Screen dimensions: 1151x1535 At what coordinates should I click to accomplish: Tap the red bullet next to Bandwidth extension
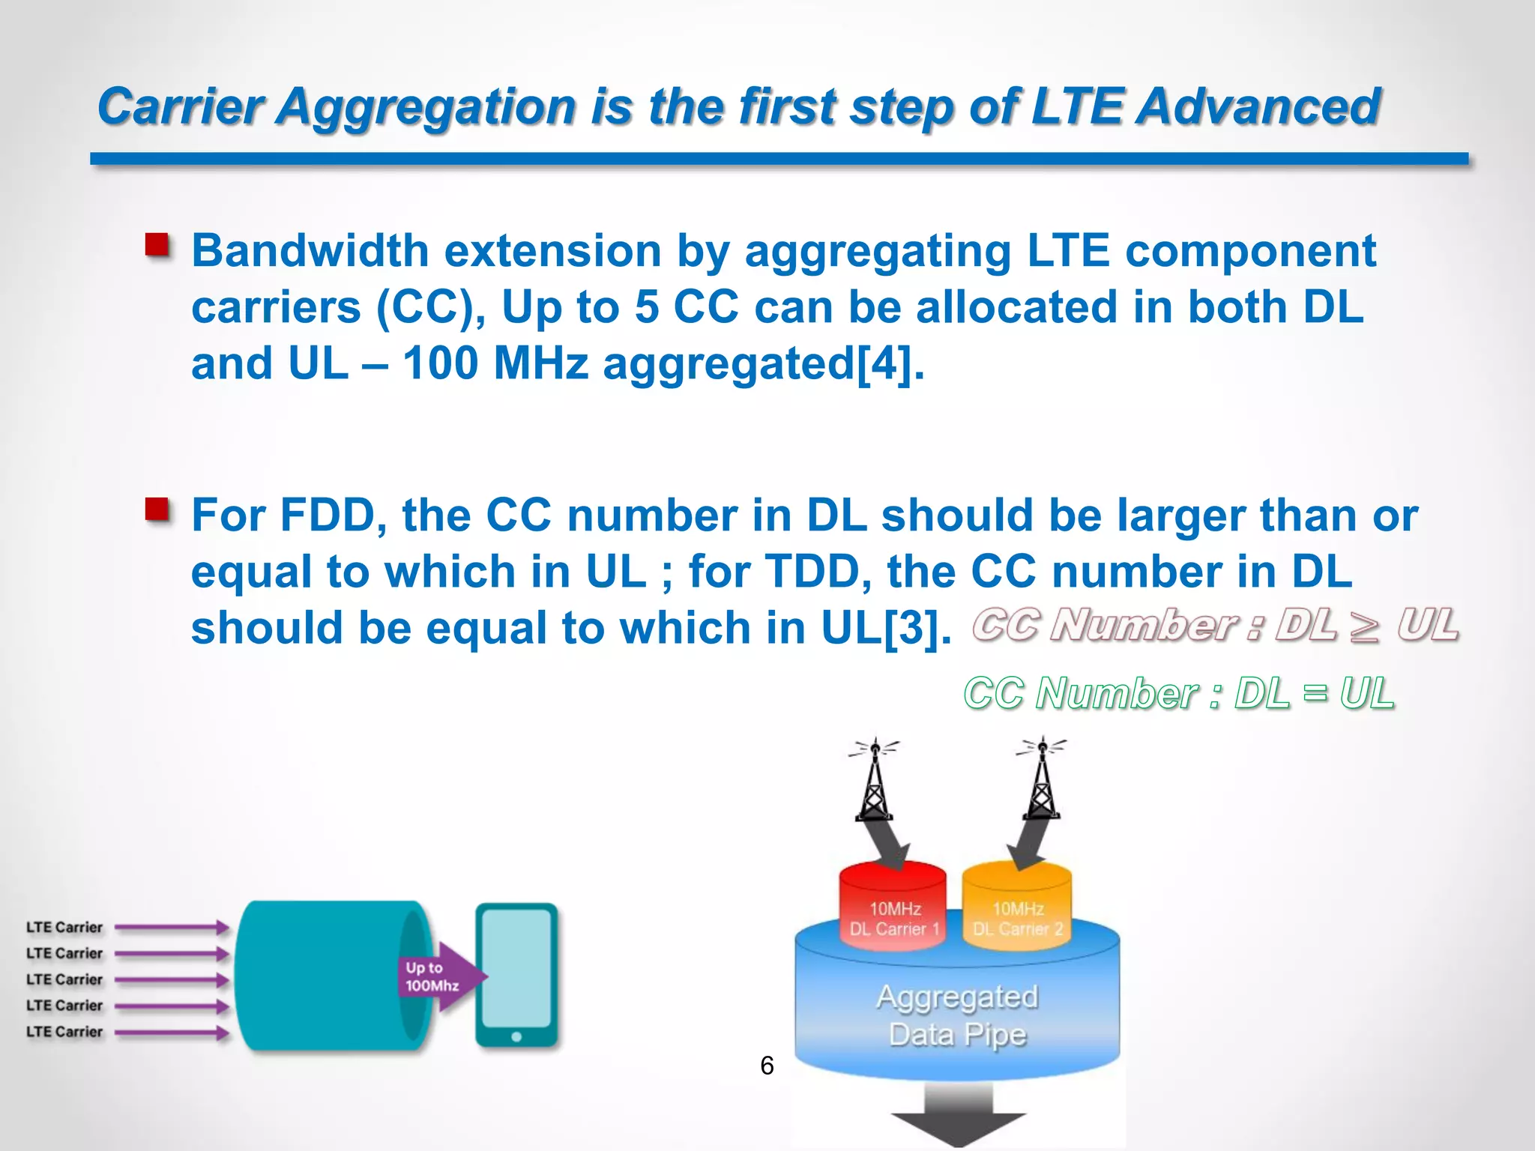[157, 245]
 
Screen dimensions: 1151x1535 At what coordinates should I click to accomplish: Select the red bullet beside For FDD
[157, 510]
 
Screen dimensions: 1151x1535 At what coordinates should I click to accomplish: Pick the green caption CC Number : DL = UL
[1178, 692]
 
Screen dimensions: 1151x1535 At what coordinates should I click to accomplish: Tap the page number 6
[767, 1065]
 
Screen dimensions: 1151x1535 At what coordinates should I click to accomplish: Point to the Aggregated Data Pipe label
[957, 1015]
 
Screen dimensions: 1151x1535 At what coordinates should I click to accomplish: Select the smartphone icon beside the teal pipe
[516, 974]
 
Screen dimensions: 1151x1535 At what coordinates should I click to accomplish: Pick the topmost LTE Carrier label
[64, 927]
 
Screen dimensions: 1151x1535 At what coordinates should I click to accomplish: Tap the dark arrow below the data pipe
[958, 1117]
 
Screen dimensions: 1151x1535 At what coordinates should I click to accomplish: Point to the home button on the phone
[516, 1037]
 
